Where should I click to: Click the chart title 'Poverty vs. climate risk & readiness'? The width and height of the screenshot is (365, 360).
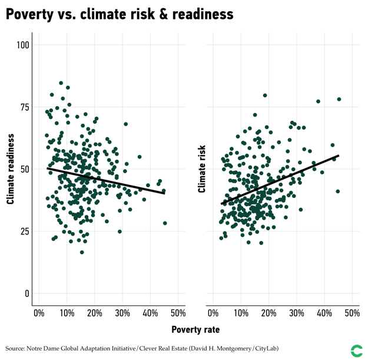(120, 14)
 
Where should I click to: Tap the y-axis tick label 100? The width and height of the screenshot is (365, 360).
(23, 45)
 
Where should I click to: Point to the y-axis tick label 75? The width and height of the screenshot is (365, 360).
(24, 107)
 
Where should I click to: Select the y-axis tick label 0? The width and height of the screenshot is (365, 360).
(26, 293)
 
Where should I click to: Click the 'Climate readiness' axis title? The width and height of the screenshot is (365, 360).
(10, 169)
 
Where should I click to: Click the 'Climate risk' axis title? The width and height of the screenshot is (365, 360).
(202, 169)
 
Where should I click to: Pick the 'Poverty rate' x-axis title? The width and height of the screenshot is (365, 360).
(195, 330)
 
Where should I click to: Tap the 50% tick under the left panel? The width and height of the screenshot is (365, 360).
(178, 313)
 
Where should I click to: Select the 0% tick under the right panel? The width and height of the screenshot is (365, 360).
(213, 313)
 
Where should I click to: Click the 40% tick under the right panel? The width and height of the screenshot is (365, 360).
(324, 313)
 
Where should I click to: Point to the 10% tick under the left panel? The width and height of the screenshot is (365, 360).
(67, 313)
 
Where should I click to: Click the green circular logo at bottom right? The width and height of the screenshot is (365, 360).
(356, 351)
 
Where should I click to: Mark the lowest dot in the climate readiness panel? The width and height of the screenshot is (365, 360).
(82, 252)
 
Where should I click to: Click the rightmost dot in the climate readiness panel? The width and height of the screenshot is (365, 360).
(165, 223)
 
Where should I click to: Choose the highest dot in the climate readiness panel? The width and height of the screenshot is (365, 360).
(61, 83)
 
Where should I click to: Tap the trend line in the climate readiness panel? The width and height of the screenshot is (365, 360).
(106, 180)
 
